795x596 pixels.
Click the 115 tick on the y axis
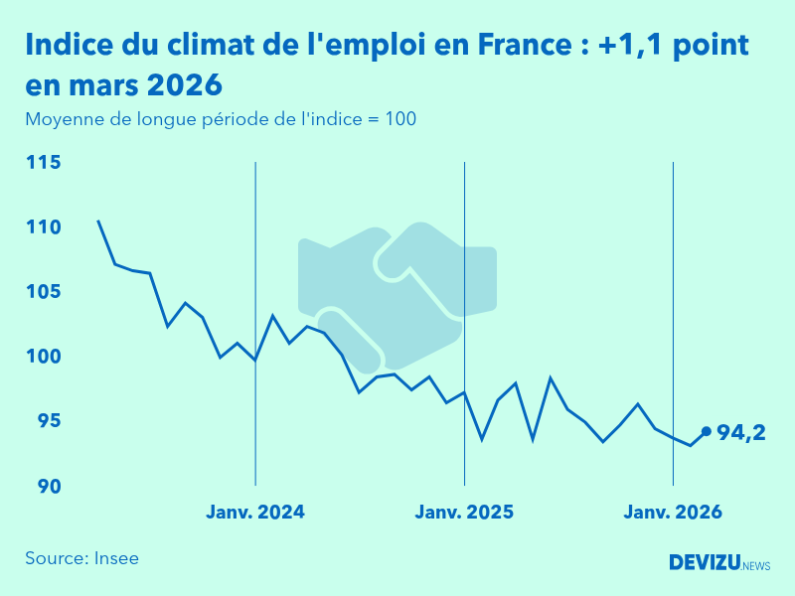pyautogui.click(x=43, y=163)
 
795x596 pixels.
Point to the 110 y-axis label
pyautogui.click(x=43, y=227)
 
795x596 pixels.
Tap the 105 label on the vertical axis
pyautogui.click(x=43, y=292)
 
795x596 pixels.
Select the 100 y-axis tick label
pyautogui.click(x=43, y=357)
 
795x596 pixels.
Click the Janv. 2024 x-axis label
pyautogui.click(x=255, y=513)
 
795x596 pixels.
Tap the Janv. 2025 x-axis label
pyautogui.click(x=464, y=513)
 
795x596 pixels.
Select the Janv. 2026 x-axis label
pyautogui.click(x=673, y=513)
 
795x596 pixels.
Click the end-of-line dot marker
pyautogui.click(x=707, y=431)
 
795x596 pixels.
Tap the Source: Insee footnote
pyautogui.click(x=82, y=558)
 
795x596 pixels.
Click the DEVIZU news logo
pyautogui.click(x=719, y=563)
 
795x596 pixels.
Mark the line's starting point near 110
pyautogui.click(x=97, y=221)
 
